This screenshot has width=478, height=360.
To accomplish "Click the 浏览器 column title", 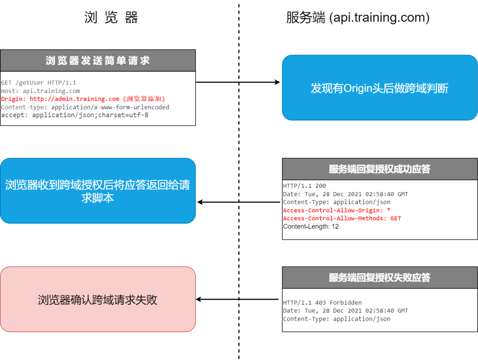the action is pyautogui.click(x=111, y=17).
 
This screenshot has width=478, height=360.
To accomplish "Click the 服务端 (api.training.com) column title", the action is pyautogui.click(x=358, y=17).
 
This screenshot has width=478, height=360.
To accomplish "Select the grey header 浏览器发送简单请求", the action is pyautogui.click(x=98, y=60).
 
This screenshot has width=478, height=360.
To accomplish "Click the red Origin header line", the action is pyautogui.click(x=83, y=99).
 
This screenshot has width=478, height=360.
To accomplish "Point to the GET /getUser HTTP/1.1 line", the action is pyautogui.click(x=39, y=83).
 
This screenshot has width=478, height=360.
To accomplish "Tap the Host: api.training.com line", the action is pyautogui.click(x=40, y=91).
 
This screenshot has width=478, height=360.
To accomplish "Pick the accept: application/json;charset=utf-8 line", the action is pyautogui.click(x=75, y=115).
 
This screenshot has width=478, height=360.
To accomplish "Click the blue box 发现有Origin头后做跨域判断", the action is pyautogui.click(x=380, y=88).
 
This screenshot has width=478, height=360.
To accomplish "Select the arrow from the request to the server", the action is pyautogui.click(x=238, y=82).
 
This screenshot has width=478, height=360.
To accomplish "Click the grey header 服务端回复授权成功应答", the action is pyautogui.click(x=380, y=169).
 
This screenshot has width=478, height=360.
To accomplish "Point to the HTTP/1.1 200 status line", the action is pyautogui.click(x=304, y=186).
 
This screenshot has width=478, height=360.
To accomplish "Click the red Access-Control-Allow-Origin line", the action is pyautogui.click(x=336, y=210).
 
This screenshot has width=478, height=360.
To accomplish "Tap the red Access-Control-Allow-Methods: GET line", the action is pyautogui.click(x=342, y=218).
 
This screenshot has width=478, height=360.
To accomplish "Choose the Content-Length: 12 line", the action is pyautogui.click(x=311, y=226).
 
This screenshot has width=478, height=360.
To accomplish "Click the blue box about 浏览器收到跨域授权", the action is pyautogui.click(x=98, y=191).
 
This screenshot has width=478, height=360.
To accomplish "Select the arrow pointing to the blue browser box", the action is pyautogui.click(x=239, y=202).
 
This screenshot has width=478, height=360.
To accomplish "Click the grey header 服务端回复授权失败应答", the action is pyautogui.click(x=380, y=278).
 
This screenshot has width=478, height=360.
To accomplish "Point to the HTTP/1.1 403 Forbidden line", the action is pyautogui.click(x=322, y=302).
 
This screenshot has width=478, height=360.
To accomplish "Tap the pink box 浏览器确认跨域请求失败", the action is pyautogui.click(x=98, y=299).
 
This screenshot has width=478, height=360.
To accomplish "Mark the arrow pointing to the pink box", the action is pyautogui.click(x=237, y=299).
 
